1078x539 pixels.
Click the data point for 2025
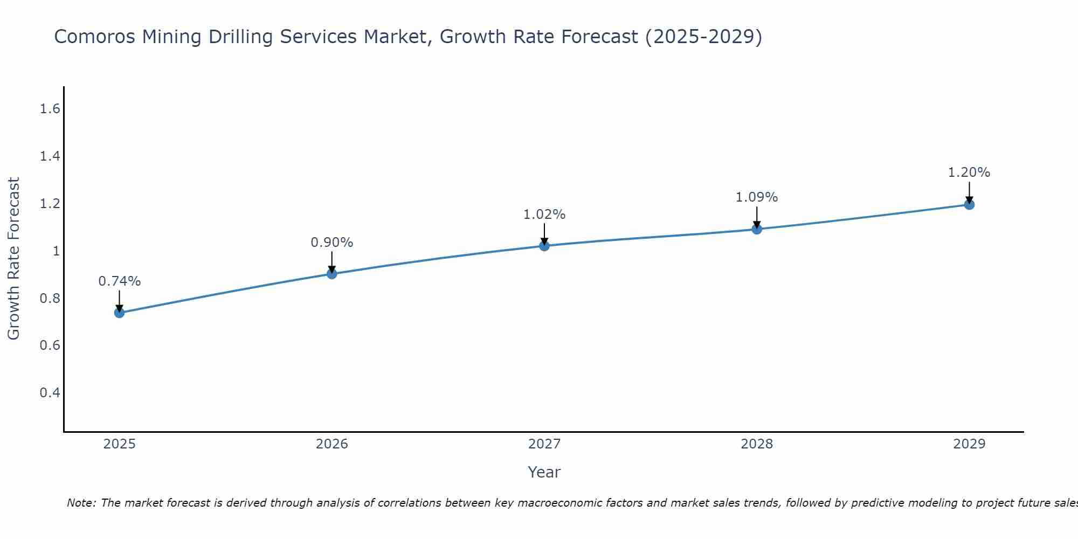point(120,313)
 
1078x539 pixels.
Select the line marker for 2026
point(332,274)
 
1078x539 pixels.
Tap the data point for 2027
point(544,246)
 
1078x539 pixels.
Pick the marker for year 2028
point(757,229)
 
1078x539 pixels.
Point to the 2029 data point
point(969,204)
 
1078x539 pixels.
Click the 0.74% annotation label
point(120,281)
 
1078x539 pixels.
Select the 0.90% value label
point(332,243)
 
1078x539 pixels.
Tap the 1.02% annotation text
point(544,215)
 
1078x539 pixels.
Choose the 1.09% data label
point(757,197)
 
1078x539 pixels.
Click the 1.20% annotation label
point(969,172)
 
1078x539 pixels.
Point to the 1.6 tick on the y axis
point(50,109)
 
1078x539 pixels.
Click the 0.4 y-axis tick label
point(50,392)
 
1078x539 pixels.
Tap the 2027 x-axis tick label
point(544,444)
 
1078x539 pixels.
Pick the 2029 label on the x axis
point(969,444)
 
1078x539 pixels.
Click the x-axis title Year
point(544,472)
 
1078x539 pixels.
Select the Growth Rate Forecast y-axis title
point(13,259)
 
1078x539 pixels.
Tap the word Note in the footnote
point(81,503)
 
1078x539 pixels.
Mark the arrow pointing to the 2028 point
point(757,217)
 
